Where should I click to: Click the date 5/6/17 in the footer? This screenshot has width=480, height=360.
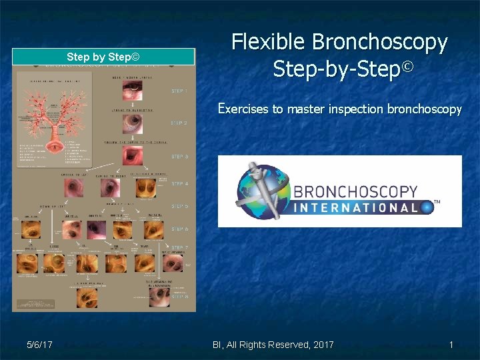(40, 345)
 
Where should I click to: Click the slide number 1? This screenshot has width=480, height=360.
(451, 345)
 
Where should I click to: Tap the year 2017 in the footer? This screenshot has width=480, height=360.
(322, 345)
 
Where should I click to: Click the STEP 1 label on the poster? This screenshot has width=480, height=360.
(179, 91)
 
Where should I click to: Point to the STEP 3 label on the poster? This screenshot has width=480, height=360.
(179, 157)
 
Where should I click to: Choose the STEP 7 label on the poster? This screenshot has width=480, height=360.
(179, 248)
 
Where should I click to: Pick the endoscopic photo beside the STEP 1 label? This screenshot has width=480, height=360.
(131, 87)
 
